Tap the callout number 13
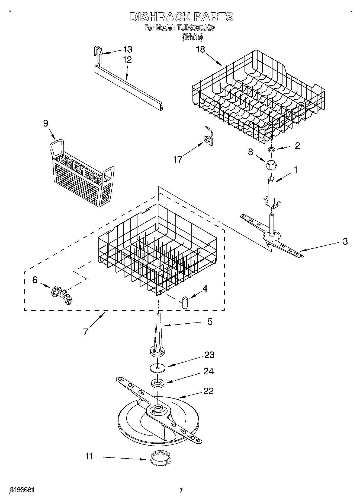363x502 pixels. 127,49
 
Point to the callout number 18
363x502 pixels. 201,49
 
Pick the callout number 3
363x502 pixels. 345,241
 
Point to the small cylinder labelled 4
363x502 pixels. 185,302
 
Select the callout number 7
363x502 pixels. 86,332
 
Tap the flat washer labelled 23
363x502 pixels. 158,368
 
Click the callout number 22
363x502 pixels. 208,391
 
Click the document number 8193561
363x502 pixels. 22,490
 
